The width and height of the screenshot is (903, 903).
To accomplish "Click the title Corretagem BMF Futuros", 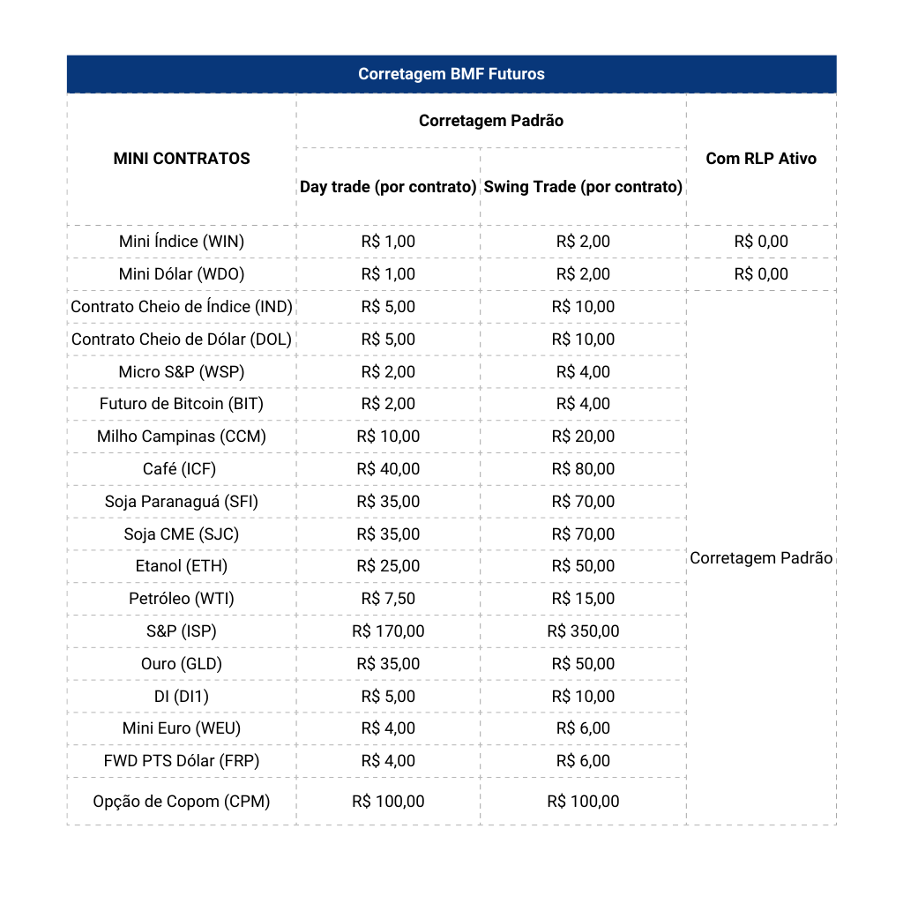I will coord(451,74).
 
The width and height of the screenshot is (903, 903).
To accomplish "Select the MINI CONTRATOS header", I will coord(182,159).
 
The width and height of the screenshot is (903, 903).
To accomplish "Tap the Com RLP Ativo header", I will coord(761,159).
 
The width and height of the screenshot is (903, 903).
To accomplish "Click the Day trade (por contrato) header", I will coord(388,187).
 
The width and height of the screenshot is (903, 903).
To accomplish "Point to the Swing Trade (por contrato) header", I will coord(583,187).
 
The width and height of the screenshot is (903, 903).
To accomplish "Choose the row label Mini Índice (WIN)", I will coord(182,242).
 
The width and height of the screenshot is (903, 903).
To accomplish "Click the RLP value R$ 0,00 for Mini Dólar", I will coord(761,274).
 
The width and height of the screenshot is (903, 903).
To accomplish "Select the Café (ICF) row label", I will coord(182,469).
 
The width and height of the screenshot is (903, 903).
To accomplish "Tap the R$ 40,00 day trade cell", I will coord(388,469).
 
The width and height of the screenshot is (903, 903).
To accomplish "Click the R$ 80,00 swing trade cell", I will coord(583,469).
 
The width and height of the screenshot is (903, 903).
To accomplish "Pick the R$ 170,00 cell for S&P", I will coord(388,631).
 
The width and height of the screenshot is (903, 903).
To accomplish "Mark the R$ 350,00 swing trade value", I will coord(583,631).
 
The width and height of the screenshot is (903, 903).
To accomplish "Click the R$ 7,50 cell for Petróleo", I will coord(388,599).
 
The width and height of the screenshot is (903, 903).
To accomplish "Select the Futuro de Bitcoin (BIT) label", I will coord(182,404).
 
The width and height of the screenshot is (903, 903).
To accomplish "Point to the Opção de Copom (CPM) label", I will coord(182,802).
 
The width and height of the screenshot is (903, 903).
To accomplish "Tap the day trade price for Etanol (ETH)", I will coord(388,566).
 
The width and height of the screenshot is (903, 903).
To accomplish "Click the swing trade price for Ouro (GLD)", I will coord(583,664).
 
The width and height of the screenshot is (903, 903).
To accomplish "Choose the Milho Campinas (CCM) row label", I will coord(182,437).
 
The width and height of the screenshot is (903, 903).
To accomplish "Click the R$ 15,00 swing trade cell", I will coord(583,599).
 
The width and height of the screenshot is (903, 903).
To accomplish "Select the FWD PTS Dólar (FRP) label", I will coord(182,761).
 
